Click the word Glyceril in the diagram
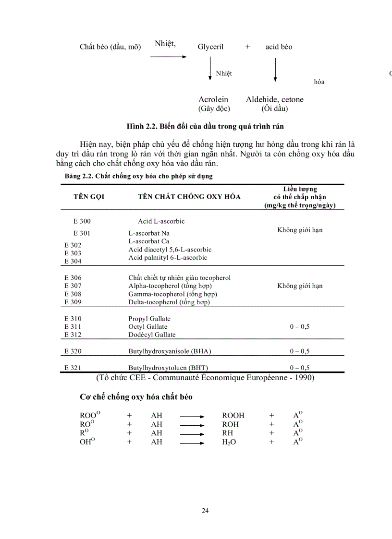pyautogui.click(x=210, y=47)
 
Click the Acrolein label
pyautogui.click(x=213, y=100)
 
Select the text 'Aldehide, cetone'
pyautogui.click(x=274, y=100)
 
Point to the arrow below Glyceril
pyautogui.click(x=210, y=69)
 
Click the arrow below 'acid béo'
pyautogui.click(x=275, y=70)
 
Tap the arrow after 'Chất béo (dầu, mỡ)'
pyautogui.click(x=168, y=57)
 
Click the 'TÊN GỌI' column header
pyautogui.click(x=89, y=197)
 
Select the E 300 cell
pyautogui.click(x=82, y=221)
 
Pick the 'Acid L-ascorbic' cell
pyautogui.click(x=161, y=221)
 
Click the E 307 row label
pyautogui.click(x=73, y=286)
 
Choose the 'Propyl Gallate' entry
pyautogui.click(x=149, y=319)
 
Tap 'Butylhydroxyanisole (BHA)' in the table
pyautogui.click(x=170, y=351)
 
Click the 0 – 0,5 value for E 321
pyautogui.click(x=299, y=368)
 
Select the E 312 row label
pyautogui.click(x=73, y=335)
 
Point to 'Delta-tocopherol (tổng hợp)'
pyautogui.click(x=169, y=302)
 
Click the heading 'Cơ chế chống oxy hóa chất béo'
pyautogui.click(x=136, y=397)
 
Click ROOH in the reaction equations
pyautogui.click(x=233, y=416)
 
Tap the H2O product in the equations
pyautogui.click(x=229, y=443)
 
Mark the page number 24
pyautogui.click(x=205, y=511)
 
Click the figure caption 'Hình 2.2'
pyautogui.click(x=205, y=126)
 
